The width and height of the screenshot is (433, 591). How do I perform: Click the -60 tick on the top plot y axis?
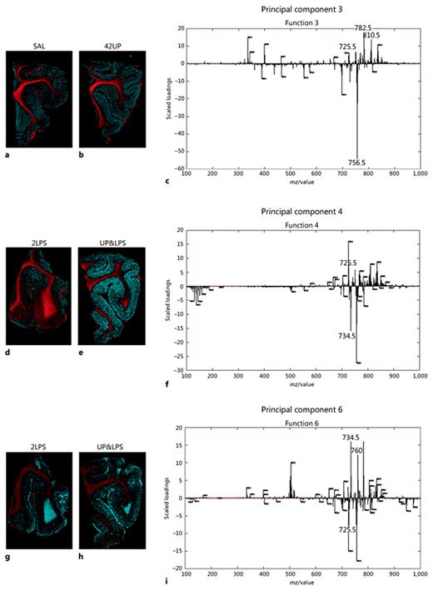tap(179, 168)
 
